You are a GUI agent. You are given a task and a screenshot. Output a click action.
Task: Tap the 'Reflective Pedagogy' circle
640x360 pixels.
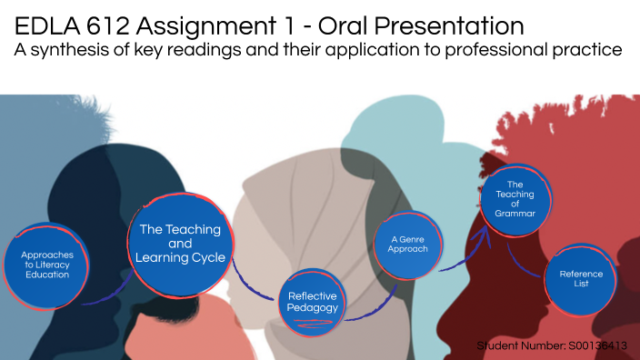point(313,301)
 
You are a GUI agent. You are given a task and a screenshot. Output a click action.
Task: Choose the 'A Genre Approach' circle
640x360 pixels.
point(402,244)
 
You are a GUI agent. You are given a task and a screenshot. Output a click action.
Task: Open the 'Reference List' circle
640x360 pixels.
point(581,277)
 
